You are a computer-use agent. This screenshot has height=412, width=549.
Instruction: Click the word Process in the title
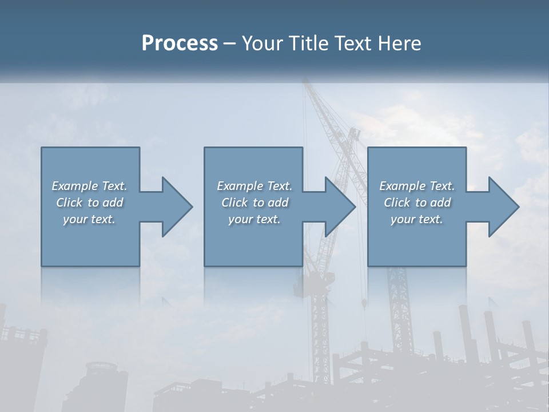pyautogui.click(x=180, y=43)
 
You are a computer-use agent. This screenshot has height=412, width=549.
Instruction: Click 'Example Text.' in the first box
pyautogui.click(x=89, y=186)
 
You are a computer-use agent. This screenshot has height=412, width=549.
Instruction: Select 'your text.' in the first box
pyautogui.click(x=89, y=219)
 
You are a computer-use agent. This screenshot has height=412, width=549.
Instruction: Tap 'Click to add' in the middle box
pyautogui.click(x=254, y=203)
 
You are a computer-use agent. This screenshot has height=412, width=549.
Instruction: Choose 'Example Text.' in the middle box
pyautogui.click(x=254, y=186)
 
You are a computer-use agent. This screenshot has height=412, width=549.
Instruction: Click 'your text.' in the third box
pyautogui.click(x=417, y=219)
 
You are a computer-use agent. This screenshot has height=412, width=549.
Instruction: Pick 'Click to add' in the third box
pyautogui.click(x=417, y=203)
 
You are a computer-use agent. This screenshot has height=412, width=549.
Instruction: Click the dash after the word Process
pyautogui.click(x=230, y=43)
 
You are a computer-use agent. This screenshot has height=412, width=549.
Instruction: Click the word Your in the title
pyautogui.click(x=262, y=43)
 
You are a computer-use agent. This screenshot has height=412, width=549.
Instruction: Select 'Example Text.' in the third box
pyautogui.click(x=417, y=186)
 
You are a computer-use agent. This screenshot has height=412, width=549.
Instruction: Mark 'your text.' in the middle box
pyautogui.click(x=254, y=219)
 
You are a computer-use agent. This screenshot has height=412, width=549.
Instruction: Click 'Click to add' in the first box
pyautogui.click(x=89, y=203)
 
